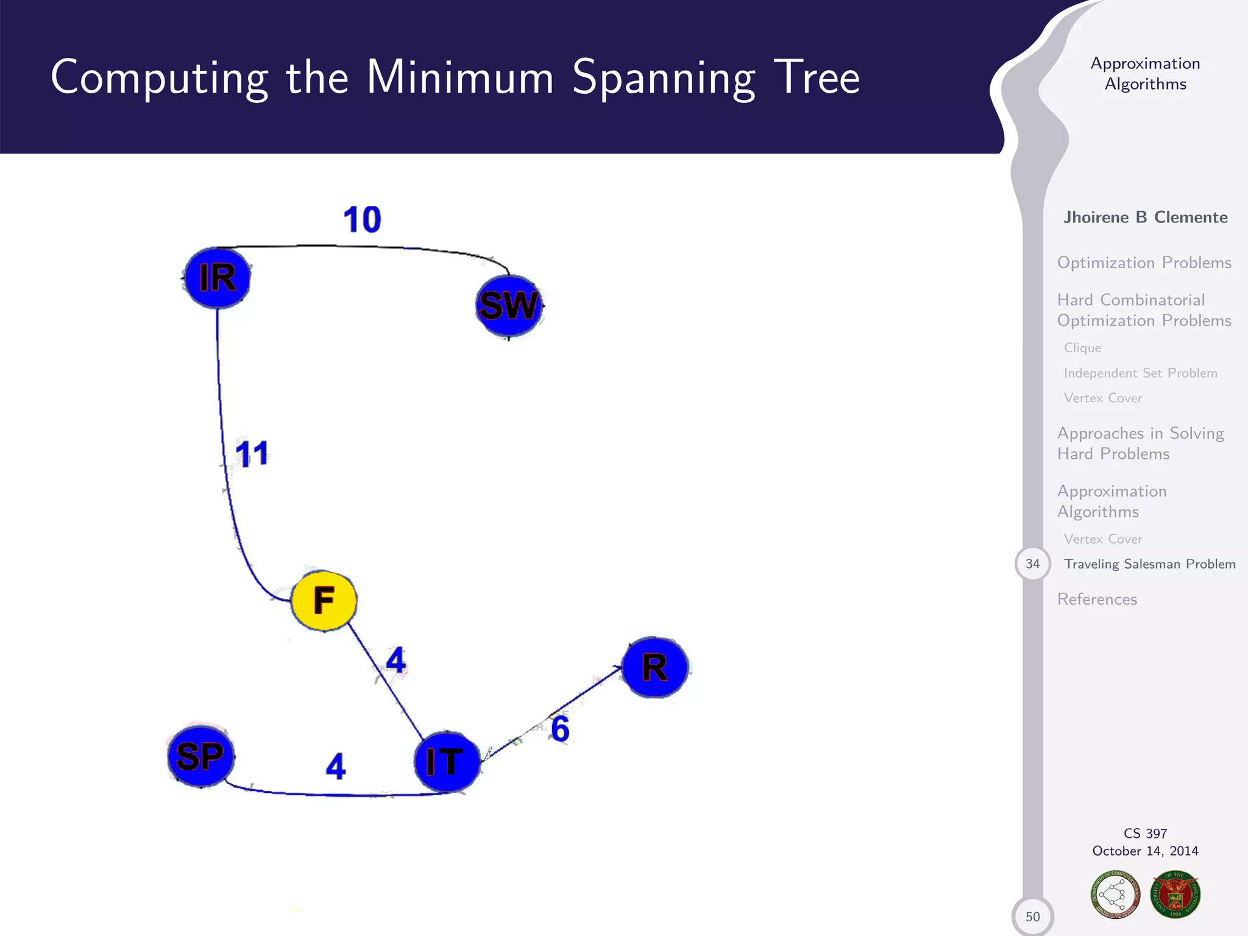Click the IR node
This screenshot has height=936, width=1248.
click(x=218, y=278)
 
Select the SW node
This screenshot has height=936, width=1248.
click(x=509, y=305)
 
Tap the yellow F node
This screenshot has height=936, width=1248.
click(x=324, y=600)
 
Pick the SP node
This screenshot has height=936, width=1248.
click(x=200, y=757)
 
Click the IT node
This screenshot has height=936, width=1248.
click(x=446, y=762)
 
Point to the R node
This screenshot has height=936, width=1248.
click(x=655, y=667)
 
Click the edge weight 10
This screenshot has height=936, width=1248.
click(x=362, y=219)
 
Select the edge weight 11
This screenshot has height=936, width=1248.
click(x=252, y=454)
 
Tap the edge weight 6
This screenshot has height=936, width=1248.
click(x=560, y=729)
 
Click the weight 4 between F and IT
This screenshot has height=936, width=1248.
click(x=396, y=661)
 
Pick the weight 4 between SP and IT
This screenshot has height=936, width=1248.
click(x=336, y=766)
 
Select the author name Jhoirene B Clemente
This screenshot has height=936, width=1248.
click(x=1145, y=218)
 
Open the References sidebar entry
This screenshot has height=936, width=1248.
click(x=1097, y=600)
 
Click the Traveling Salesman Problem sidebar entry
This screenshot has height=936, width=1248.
click(x=1149, y=564)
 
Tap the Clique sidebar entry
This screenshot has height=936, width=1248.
click(x=1082, y=348)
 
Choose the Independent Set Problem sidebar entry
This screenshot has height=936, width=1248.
click(x=1140, y=373)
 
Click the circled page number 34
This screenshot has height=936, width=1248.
click(x=1032, y=564)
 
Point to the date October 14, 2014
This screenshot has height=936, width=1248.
click(x=1145, y=851)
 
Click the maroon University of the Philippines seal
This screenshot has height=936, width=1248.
click(x=1175, y=895)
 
